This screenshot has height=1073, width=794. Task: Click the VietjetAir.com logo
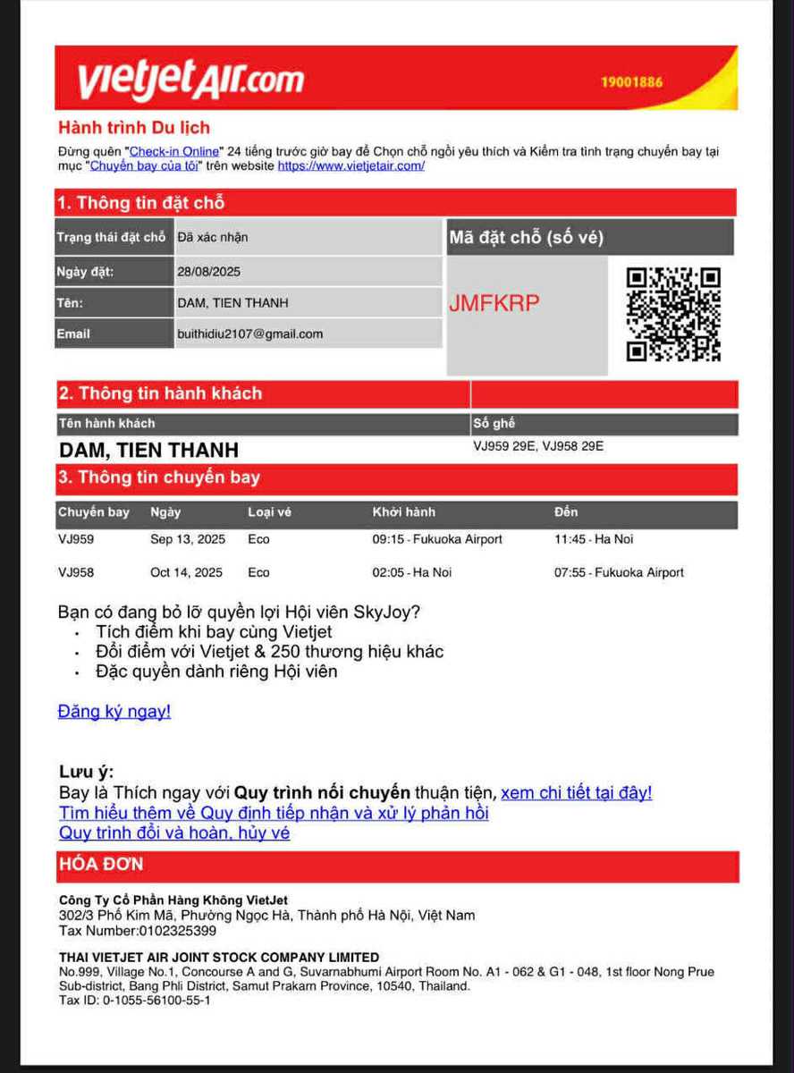(190, 80)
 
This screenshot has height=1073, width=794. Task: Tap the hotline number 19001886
(631, 82)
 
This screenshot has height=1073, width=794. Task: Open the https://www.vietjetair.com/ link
(351, 165)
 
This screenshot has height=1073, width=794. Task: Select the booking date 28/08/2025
(208, 272)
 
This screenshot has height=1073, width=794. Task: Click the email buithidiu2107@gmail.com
(249, 334)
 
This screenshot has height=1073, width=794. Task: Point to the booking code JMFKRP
(494, 303)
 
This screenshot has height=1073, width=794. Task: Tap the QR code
(673, 314)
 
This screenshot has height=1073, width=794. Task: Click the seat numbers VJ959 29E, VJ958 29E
(538, 445)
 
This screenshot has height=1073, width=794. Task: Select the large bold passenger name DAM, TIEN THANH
(148, 450)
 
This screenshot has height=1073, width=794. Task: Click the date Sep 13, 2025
(188, 539)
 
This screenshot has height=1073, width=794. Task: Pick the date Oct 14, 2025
(186, 572)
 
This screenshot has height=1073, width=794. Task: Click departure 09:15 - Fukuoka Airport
(437, 539)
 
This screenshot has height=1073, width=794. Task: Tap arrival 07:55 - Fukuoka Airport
(619, 572)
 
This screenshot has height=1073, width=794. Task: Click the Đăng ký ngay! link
(114, 712)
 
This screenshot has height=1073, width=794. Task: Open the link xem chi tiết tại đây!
(576, 793)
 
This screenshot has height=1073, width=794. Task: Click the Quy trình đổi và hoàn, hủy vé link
(174, 833)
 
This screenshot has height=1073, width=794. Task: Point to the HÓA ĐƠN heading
(101, 865)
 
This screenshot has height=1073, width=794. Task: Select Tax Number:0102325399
(138, 931)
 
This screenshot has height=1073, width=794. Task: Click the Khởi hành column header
(404, 512)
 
